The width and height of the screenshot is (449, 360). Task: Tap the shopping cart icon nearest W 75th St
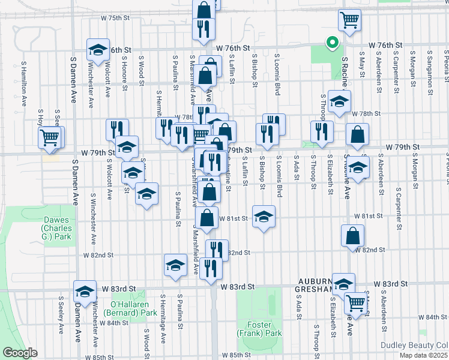tap(349, 20)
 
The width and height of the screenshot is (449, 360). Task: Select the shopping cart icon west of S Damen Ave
tap(50, 137)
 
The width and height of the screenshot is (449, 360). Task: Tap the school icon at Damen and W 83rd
tap(85, 292)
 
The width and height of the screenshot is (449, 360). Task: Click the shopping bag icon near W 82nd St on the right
tap(353, 236)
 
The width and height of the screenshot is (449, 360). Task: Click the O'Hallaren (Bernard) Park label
tap(130, 308)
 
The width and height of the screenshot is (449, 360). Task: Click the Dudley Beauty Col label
tap(414, 345)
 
